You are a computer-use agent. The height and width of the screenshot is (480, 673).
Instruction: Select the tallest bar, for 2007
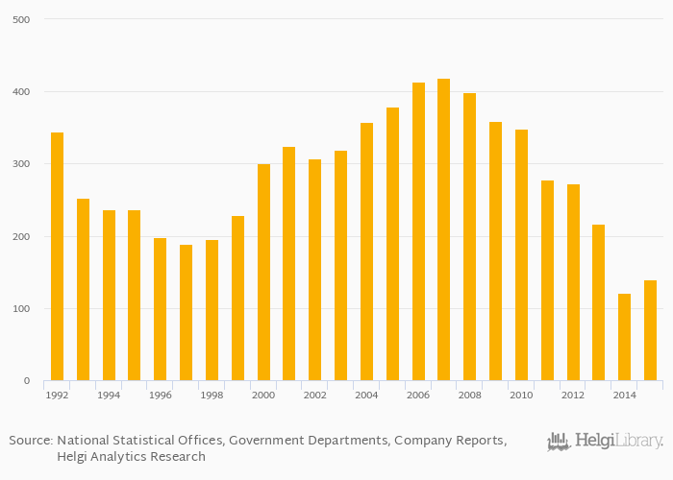tap(443, 229)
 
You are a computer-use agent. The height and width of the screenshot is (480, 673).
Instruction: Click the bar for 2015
tap(650, 330)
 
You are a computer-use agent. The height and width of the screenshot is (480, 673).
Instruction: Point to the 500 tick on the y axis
tap(20, 19)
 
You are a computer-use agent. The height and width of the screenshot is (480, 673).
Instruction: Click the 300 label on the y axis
tap(20, 164)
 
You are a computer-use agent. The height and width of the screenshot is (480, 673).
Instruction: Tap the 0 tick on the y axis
tap(26, 381)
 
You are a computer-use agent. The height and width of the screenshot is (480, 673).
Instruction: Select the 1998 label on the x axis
tap(212, 395)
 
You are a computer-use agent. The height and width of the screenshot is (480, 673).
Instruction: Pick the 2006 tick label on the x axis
tap(418, 395)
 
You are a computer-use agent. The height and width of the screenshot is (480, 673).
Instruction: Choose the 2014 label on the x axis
tap(624, 395)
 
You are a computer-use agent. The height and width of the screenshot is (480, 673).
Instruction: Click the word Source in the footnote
tap(29, 441)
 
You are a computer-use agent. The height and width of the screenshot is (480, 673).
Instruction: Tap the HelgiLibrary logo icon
tap(559, 442)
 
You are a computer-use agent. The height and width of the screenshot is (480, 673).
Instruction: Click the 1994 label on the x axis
tap(109, 395)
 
